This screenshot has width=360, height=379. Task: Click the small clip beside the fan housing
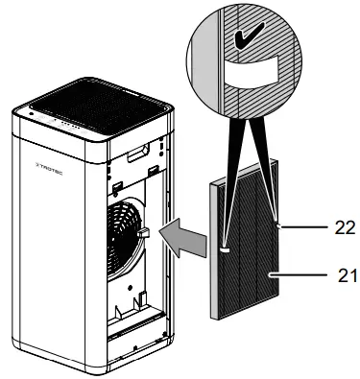tap(142, 231)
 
